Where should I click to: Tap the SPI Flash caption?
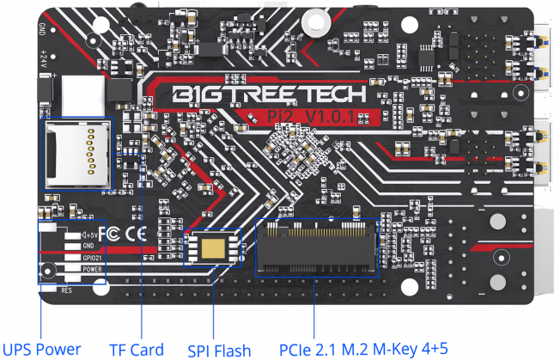[219, 349]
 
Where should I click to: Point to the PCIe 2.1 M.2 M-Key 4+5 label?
[363, 348]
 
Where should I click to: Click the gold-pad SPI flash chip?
[212, 248]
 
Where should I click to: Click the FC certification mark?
[110, 233]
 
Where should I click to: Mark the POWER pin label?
[92, 269]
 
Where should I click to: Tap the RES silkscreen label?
[65, 290]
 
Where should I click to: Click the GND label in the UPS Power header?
[88, 246]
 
